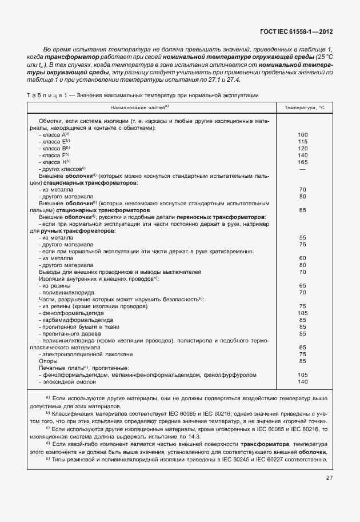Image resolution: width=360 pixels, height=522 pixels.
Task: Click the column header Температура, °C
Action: [x=303, y=107]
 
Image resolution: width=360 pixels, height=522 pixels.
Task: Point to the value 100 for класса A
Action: [x=303, y=135]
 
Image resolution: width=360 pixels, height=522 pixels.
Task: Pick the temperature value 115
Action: [x=303, y=142]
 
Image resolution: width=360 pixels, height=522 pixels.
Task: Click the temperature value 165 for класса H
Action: [x=303, y=162]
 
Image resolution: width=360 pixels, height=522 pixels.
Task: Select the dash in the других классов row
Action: [x=303, y=169]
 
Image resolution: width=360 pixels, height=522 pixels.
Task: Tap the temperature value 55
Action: [x=303, y=238]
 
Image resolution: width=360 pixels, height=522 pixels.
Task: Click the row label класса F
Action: [x=55, y=156]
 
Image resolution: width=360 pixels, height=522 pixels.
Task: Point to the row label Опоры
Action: [x=47, y=361]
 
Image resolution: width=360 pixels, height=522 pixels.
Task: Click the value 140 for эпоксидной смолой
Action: [x=303, y=382]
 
